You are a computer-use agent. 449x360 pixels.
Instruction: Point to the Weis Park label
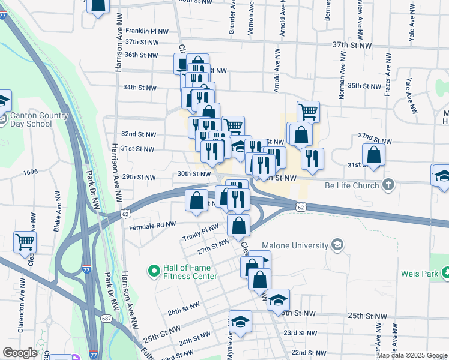(x=418, y=274)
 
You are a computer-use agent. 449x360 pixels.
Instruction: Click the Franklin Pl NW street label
(x=147, y=30)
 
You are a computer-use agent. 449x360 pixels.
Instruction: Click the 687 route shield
(x=106, y=318)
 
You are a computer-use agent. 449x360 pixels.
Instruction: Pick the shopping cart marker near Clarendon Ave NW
(x=25, y=242)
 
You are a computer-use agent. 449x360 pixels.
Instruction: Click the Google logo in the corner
(x=20, y=353)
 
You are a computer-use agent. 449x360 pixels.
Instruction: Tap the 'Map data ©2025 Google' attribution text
(x=412, y=355)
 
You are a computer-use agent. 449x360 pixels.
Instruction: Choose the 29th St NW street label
(x=139, y=178)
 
